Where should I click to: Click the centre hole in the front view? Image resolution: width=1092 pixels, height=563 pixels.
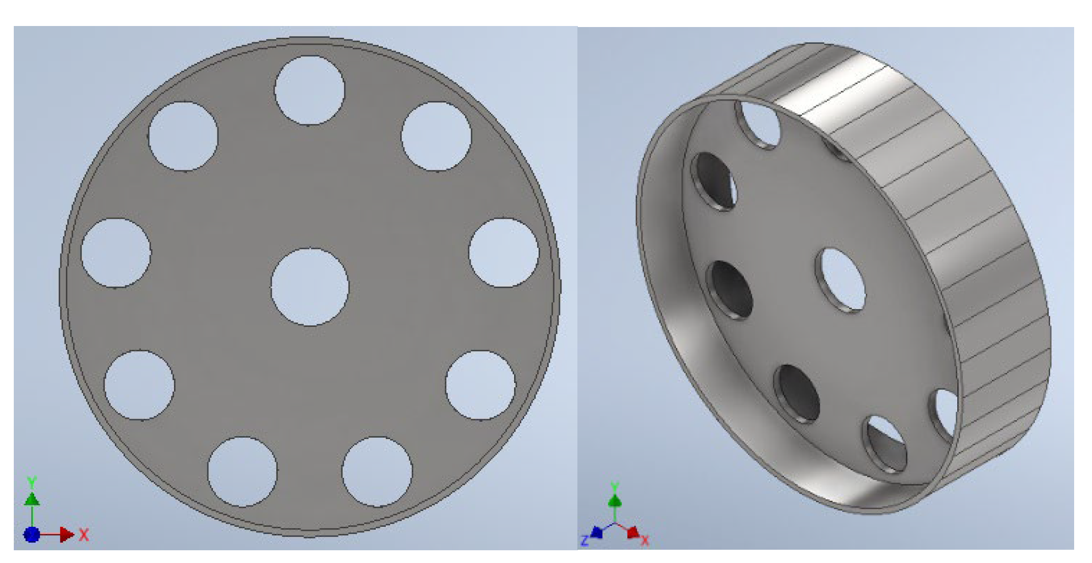tap(310, 287)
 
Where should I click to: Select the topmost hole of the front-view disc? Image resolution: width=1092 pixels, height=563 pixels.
tap(309, 90)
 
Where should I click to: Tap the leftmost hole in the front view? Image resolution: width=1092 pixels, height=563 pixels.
tap(116, 253)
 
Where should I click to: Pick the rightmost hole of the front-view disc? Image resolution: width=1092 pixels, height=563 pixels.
tap(504, 253)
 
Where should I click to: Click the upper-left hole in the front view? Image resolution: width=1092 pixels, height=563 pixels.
tap(183, 136)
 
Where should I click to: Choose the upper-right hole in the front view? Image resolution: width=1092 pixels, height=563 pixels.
tap(436, 136)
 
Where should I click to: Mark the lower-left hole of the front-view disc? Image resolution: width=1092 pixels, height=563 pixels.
tap(139, 385)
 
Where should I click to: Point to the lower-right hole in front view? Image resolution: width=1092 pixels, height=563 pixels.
tap(480, 385)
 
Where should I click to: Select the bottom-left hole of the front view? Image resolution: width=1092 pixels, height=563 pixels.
tap(242, 472)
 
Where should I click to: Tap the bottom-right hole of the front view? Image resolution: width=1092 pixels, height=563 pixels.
tap(377, 472)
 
